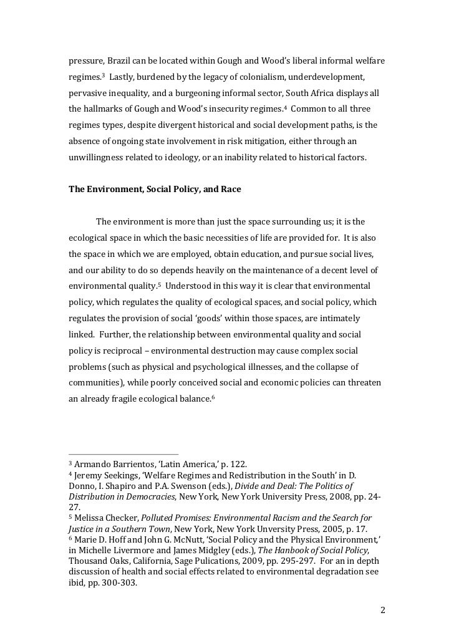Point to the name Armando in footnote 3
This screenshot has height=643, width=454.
click(92, 465)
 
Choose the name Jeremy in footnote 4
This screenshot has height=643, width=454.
click(91, 476)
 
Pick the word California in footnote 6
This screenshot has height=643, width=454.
click(142, 563)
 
